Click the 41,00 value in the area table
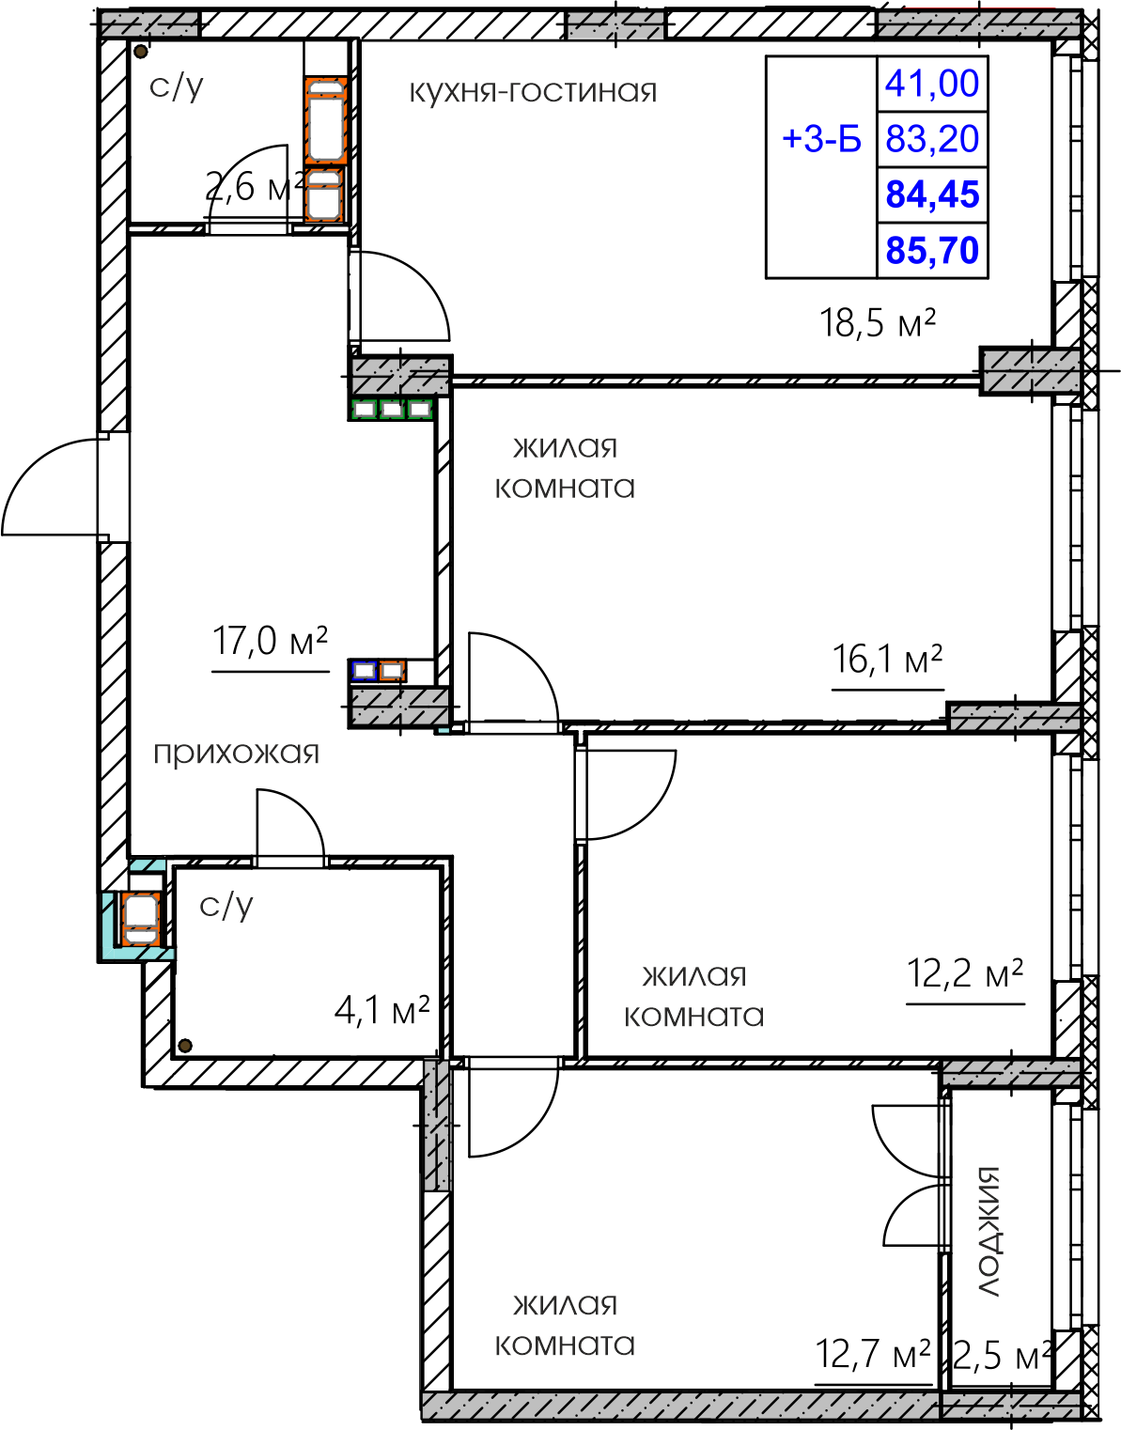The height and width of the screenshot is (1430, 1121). (932, 84)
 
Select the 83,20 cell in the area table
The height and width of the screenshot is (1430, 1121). (932, 139)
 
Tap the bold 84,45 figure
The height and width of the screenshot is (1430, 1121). (932, 194)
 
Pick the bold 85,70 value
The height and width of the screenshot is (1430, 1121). (932, 251)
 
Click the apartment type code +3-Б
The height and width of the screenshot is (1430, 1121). (821, 139)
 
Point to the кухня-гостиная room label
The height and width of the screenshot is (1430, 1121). (534, 91)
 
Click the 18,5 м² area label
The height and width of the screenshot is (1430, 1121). (878, 324)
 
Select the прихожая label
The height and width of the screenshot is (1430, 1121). (236, 754)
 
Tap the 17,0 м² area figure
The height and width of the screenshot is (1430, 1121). (270, 642)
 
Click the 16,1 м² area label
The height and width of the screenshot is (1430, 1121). (887, 660)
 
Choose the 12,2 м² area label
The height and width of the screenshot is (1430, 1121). (964, 974)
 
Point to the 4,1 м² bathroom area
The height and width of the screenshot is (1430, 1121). (381, 1011)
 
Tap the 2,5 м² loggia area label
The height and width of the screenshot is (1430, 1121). (1000, 1357)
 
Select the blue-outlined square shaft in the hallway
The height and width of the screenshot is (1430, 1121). (364, 671)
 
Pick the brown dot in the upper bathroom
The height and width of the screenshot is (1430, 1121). (140, 52)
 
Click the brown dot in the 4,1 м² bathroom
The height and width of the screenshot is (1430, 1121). (185, 1045)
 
